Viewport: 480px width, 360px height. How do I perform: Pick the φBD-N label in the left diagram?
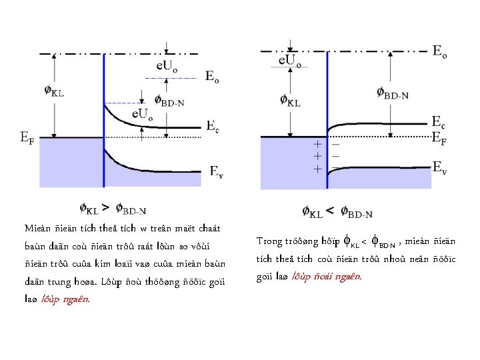tap(169, 101)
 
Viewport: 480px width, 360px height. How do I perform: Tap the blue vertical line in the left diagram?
tap(104, 133)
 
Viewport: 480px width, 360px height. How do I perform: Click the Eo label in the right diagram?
tap(439, 51)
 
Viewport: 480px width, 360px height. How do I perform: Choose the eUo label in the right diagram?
tap(291, 61)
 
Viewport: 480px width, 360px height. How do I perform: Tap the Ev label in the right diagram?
tap(439, 166)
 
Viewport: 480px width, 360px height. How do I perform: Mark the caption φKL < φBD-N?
tap(337, 213)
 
